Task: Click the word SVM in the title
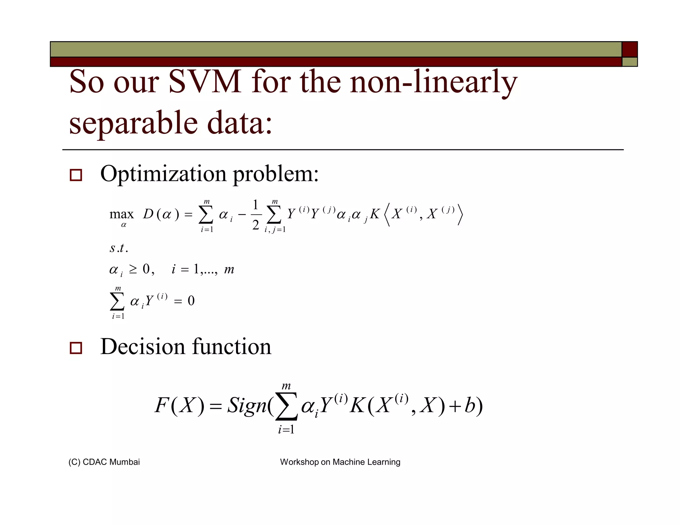click(x=205, y=82)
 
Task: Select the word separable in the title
click(x=133, y=123)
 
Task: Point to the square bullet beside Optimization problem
click(x=76, y=175)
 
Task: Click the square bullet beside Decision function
click(x=76, y=348)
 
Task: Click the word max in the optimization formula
click(x=122, y=214)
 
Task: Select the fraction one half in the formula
click(x=255, y=215)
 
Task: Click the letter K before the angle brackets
click(x=375, y=214)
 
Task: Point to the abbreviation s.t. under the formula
click(x=119, y=248)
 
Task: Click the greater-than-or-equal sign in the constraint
click(x=133, y=269)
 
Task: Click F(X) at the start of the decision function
click(x=179, y=405)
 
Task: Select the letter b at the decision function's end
click(x=469, y=405)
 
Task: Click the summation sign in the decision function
click(x=287, y=407)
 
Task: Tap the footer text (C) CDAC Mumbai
click(x=104, y=462)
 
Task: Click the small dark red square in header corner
click(x=630, y=49)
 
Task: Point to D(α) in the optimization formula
click(x=161, y=214)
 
